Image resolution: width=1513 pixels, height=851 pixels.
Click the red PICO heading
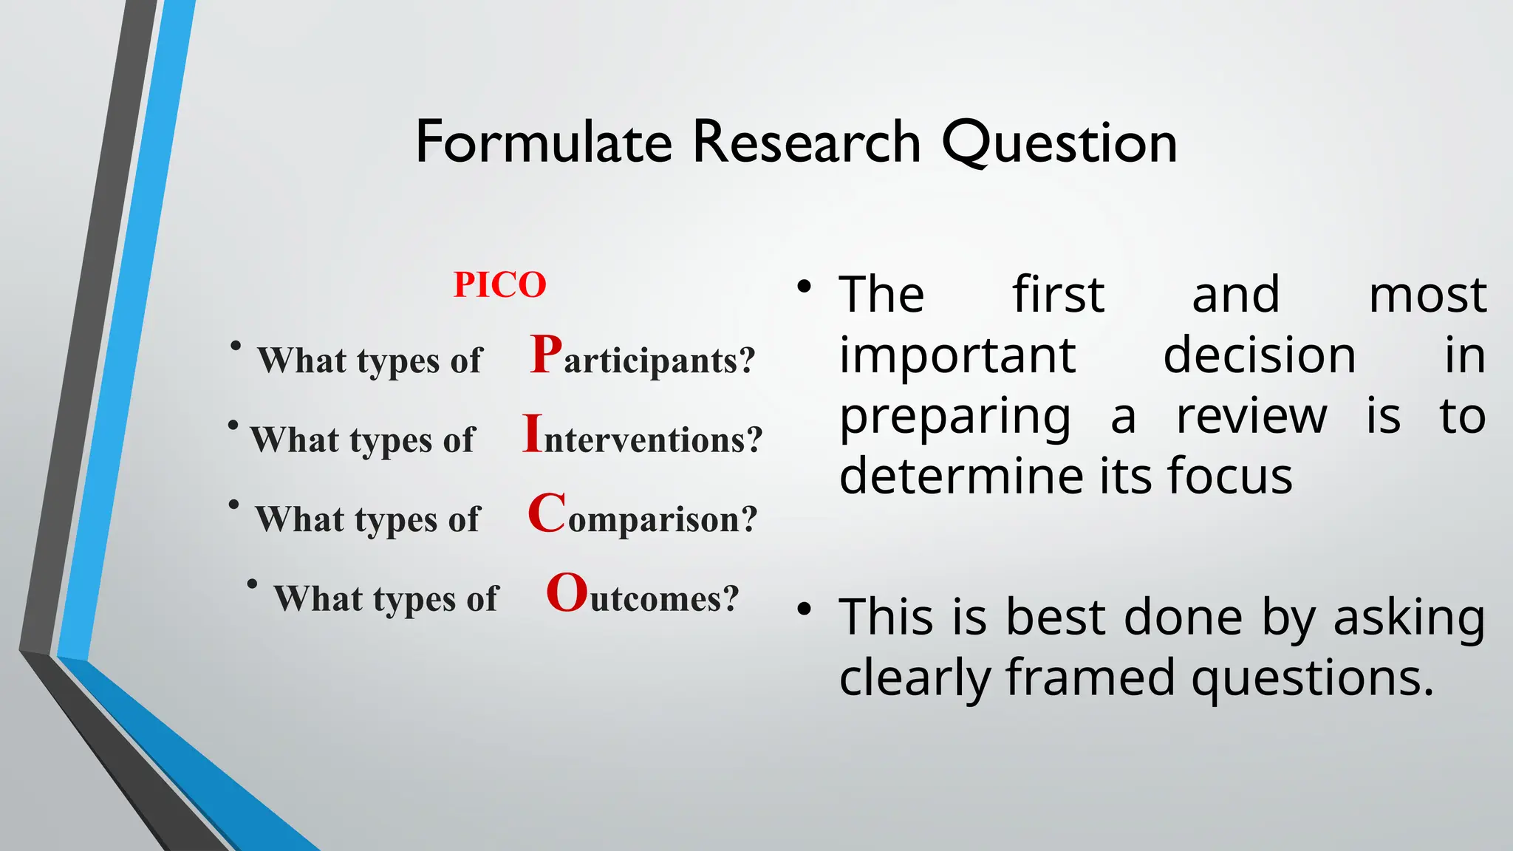499,285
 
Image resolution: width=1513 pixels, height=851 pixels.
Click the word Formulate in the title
544,142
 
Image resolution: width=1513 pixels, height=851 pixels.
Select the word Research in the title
806,142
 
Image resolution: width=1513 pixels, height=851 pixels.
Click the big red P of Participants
546,355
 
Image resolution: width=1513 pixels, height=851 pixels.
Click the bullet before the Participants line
235,346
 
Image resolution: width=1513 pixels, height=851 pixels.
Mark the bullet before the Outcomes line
252,584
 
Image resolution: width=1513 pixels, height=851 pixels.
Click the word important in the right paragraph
957,355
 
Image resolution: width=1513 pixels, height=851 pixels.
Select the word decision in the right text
1259,355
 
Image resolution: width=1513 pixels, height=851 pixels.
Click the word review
1251,416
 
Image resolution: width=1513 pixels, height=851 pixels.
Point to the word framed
1090,677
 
